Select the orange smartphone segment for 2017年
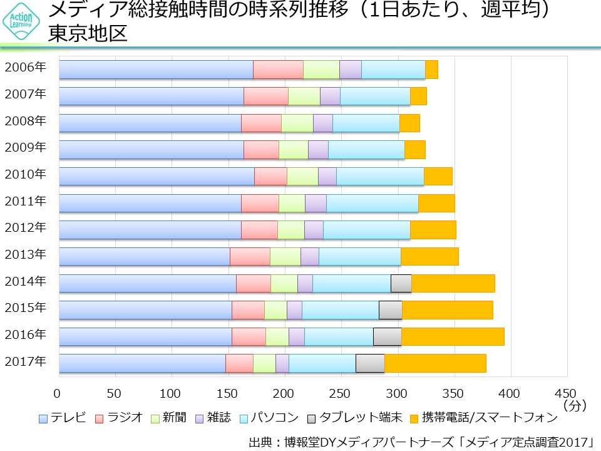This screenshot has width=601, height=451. click(x=435, y=363)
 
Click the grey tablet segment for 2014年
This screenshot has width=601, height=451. click(x=401, y=283)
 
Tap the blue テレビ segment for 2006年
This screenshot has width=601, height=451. click(x=156, y=70)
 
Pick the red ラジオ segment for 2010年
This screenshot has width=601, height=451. click(x=270, y=177)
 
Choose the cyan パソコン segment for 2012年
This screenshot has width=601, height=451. click(x=366, y=230)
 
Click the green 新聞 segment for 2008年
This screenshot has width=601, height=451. click(x=297, y=123)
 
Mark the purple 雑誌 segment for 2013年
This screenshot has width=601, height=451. click(x=309, y=257)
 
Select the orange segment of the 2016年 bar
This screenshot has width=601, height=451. click(x=452, y=336)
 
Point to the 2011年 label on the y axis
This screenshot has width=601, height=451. click(x=25, y=201)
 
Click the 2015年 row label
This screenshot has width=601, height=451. click(x=25, y=308)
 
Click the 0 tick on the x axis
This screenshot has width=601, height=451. click(x=58, y=393)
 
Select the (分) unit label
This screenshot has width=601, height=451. click(x=574, y=405)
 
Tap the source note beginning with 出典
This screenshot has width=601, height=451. click(x=420, y=441)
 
